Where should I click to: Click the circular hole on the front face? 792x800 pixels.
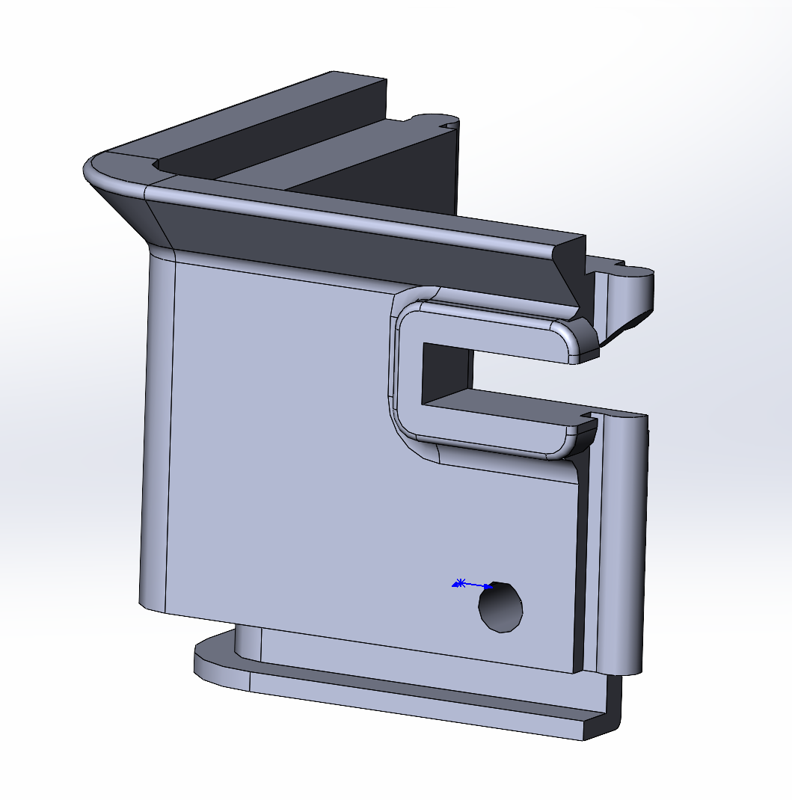pyautogui.click(x=500, y=607)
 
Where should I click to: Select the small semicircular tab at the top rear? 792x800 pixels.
pyautogui.click(x=429, y=120)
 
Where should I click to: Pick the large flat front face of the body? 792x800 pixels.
pyautogui.click(x=299, y=449)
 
